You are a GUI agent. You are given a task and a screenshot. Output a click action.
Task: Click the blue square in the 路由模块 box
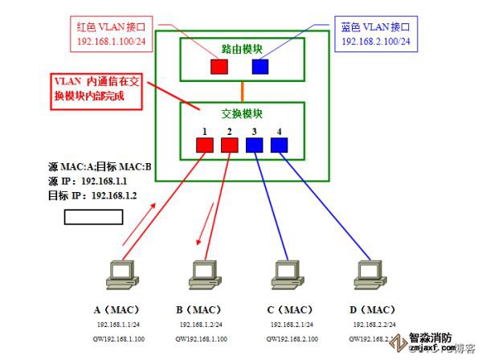(x=259, y=66)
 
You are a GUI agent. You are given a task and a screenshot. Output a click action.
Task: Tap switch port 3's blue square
(x=254, y=145)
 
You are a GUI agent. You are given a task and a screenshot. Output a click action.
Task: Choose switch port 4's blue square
(x=278, y=145)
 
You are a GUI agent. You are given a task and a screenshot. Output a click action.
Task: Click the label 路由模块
(x=241, y=48)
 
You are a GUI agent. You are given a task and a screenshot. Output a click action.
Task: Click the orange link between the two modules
(x=242, y=90)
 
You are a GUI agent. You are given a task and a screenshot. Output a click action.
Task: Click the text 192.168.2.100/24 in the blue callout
(x=375, y=41)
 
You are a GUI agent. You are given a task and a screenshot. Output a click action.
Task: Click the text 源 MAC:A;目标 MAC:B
(x=100, y=169)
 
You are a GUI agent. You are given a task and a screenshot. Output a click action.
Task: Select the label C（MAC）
(x=288, y=309)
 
